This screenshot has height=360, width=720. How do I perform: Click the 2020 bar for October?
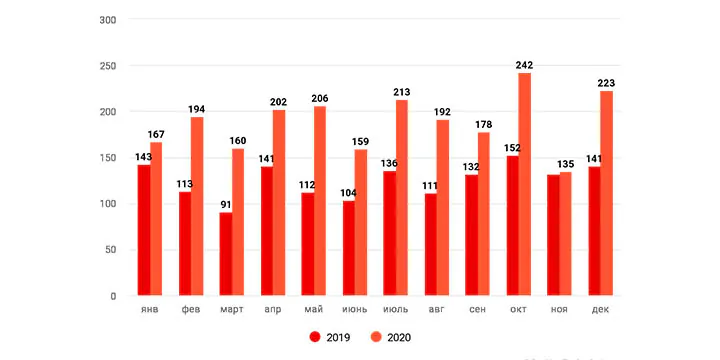525,184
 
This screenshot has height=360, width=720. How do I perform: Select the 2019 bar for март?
225,254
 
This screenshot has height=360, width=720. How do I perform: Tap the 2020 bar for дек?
607,193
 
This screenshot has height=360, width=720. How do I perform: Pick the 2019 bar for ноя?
553,235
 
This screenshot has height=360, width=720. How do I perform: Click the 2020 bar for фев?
197,206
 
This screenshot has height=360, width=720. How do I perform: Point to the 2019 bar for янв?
144,230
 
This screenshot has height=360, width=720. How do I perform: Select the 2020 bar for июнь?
361,222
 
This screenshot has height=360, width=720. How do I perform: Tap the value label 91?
225,205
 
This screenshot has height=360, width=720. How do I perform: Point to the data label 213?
401,92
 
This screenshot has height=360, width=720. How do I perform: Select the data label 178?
483,124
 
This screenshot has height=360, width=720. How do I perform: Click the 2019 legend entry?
330,338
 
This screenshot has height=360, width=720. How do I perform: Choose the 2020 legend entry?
390,338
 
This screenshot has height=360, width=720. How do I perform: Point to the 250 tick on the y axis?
108,66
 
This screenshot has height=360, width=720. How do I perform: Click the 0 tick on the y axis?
113,296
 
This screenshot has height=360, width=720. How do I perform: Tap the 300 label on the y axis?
108,20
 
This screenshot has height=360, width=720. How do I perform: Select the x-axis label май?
314,309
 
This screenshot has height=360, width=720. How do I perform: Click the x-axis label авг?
437,309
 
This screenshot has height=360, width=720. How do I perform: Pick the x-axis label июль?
395,309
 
